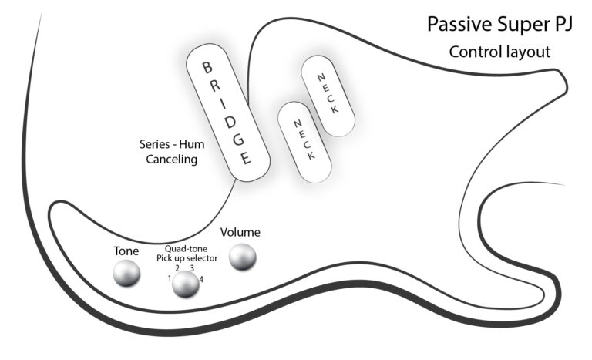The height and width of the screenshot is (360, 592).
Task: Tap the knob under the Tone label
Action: point(126,274)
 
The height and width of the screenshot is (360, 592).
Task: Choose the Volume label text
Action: point(240,232)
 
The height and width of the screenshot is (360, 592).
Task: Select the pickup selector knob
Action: point(185,284)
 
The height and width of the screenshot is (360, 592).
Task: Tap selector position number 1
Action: point(169,278)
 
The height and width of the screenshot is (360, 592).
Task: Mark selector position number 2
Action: point(177,268)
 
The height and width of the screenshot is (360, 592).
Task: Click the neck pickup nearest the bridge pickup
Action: point(305,142)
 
